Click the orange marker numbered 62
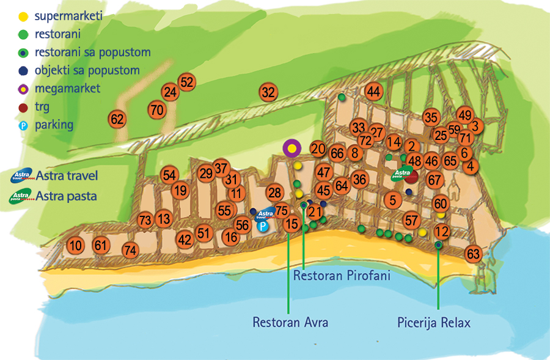[117, 119]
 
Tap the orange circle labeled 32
[268, 92]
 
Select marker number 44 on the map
[373, 92]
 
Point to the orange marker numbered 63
[473, 254]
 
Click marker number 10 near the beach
[75, 246]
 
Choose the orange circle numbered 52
[186, 82]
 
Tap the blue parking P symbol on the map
[262, 226]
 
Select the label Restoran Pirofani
[342, 276]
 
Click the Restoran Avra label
[290, 322]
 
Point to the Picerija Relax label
[433, 322]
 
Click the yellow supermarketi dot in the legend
[23, 16]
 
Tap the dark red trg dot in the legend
[23, 108]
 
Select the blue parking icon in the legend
[23, 125]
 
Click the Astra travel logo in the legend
[22, 175]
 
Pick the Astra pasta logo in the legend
[21, 196]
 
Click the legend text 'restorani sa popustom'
[93, 53]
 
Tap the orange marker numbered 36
[359, 179]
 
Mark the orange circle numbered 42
[185, 240]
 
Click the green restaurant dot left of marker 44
[342, 97]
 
